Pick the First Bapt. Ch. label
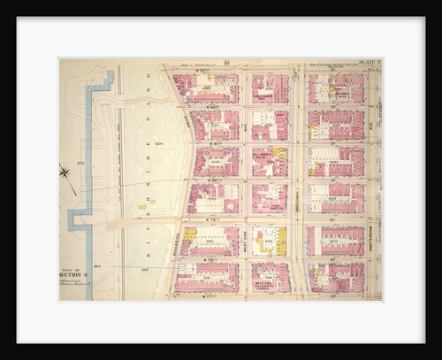pyautogui.click(x=268, y=204)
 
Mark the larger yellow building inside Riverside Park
pyautogui.click(x=142, y=207)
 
